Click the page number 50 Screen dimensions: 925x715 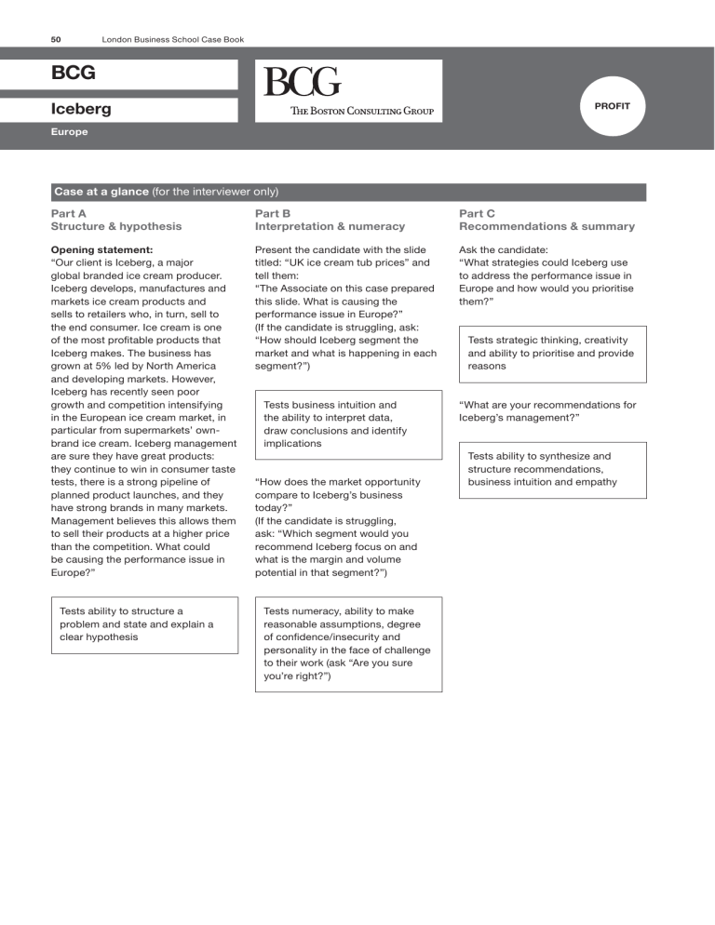click(x=57, y=38)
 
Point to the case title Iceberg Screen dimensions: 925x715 click(x=81, y=109)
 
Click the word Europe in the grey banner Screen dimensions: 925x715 click(x=70, y=132)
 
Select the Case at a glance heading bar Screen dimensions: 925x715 click(x=348, y=192)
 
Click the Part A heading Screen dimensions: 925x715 click(x=71, y=212)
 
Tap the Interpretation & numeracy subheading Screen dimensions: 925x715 click(x=330, y=226)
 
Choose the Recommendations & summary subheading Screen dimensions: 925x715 click(x=546, y=226)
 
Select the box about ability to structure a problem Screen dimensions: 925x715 click(x=144, y=624)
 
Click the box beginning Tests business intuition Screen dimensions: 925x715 click(x=348, y=424)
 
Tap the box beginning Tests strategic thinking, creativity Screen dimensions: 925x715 click(x=552, y=354)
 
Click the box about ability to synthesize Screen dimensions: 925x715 click(x=552, y=469)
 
